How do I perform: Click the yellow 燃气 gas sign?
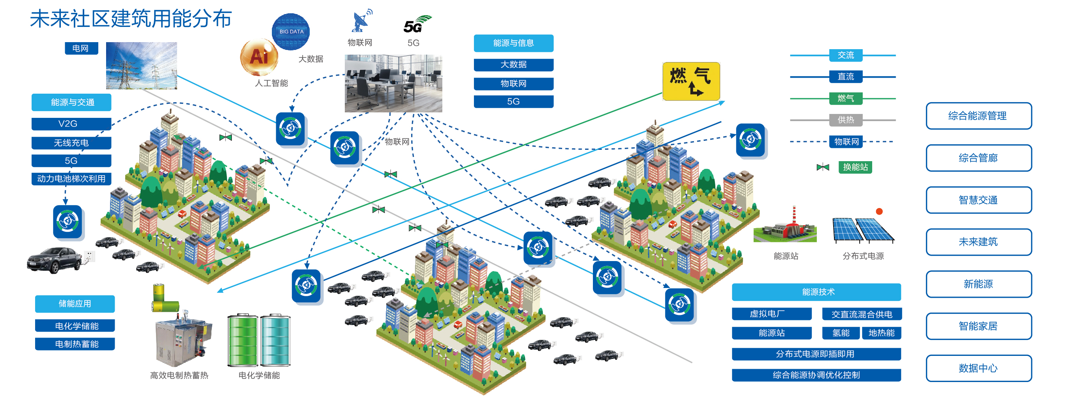tap(691, 81)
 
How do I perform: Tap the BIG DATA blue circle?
tap(291, 32)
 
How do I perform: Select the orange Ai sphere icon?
tap(259, 57)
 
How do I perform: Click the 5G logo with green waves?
tap(417, 25)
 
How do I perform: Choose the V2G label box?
tap(71, 124)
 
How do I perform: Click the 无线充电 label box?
tap(71, 143)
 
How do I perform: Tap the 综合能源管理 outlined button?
tap(978, 116)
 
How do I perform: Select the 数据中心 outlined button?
tap(978, 368)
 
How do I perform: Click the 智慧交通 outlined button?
tap(978, 200)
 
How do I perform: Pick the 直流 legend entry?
tap(846, 77)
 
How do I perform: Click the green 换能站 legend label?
tap(855, 167)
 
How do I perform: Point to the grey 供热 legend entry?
tap(846, 120)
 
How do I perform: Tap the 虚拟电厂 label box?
tap(772, 314)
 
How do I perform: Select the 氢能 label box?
tap(841, 333)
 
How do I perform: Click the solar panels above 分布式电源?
tap(864, 230)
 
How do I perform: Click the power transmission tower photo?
tap(141, 66)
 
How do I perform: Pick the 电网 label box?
tap(81, 48)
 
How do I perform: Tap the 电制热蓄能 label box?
tap(75, 344)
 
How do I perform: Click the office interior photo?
tap(394, 84)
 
